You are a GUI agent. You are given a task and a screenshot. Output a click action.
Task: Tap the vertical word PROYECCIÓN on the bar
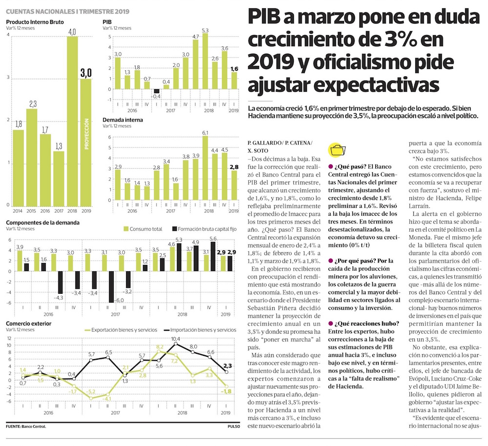click(86, 132)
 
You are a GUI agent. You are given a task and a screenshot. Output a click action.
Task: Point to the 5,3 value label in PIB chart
click(205, 30)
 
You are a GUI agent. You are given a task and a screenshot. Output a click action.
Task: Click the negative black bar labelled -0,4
click(157, 91)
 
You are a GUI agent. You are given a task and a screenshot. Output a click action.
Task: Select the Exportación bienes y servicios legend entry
click(120, 330)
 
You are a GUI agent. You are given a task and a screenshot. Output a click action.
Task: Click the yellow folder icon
click(337, 150)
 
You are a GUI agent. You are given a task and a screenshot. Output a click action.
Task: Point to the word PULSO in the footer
click(234, 427)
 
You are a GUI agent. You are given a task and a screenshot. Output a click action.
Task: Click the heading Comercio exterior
click(28, 324)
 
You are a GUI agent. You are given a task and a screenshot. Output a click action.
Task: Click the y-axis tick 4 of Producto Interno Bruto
click(7, 39)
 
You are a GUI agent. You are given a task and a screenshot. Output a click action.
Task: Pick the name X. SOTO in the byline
click(259, 151)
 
